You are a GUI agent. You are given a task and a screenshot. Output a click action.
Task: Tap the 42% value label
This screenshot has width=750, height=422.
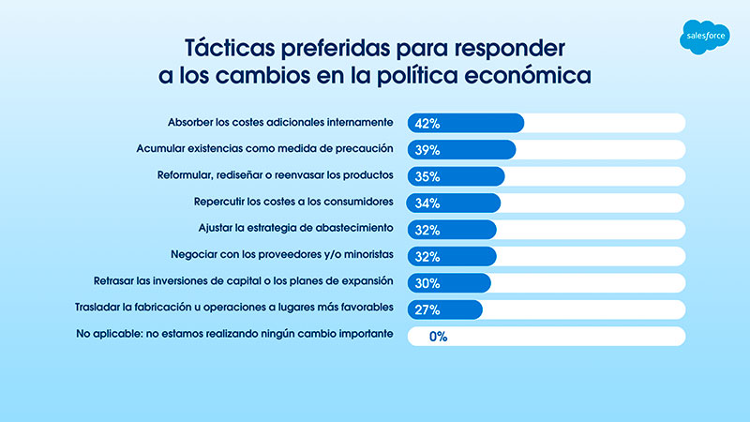(427, 123)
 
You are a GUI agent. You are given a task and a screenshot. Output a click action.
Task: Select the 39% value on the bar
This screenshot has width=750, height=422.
(427, 150)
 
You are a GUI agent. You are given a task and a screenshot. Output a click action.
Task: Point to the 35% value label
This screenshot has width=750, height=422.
(427, 176)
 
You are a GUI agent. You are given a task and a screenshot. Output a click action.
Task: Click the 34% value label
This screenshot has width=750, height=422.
(427, 203)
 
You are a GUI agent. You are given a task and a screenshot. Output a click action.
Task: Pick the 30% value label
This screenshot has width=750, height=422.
(427, 282)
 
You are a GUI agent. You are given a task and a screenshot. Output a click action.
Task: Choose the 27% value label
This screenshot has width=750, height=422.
(427, 309)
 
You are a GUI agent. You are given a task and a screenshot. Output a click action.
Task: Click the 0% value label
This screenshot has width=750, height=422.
(437, 336)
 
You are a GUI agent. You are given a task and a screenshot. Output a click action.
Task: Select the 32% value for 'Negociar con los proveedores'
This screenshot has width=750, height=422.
(427, 256)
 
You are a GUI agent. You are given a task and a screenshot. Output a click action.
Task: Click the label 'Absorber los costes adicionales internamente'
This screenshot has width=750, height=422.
(279, 122)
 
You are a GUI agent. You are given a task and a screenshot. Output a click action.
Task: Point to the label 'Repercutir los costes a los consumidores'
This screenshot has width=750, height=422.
(292, 201)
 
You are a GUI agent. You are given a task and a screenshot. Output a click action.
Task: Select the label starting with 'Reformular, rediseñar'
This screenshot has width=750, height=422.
(273, 174)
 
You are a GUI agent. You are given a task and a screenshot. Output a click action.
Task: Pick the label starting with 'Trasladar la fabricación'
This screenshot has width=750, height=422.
(233, 307)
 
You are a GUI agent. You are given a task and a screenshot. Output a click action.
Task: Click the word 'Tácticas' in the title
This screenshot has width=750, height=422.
(226, 48)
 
